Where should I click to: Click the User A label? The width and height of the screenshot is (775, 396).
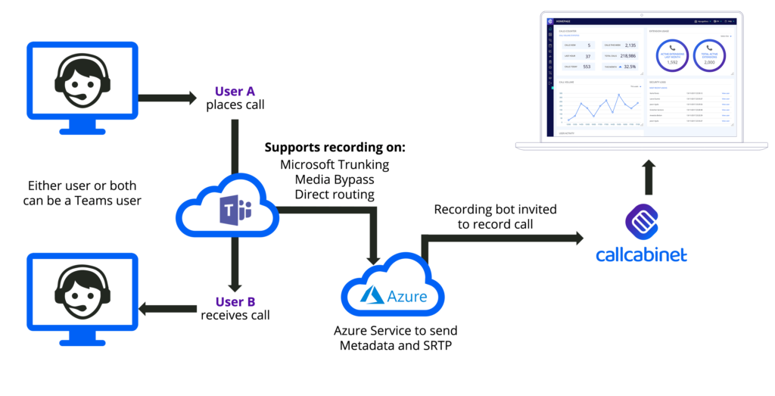tap(235, 92)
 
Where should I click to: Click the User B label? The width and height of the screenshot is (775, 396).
tap(235, 302)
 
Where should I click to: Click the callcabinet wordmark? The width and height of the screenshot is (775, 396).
tap(641, 254)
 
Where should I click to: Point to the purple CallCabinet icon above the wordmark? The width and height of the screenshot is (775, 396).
tap(642, 220)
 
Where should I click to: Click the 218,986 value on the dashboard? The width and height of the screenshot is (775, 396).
tap(627, 56)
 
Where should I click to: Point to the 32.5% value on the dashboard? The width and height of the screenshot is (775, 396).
tap(629, 67)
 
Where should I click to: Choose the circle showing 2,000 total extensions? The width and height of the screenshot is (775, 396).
tap(709, 55)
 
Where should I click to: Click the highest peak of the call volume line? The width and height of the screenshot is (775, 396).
tap(619, 95)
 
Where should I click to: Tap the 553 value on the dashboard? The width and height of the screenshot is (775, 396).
tap(587, 67)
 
